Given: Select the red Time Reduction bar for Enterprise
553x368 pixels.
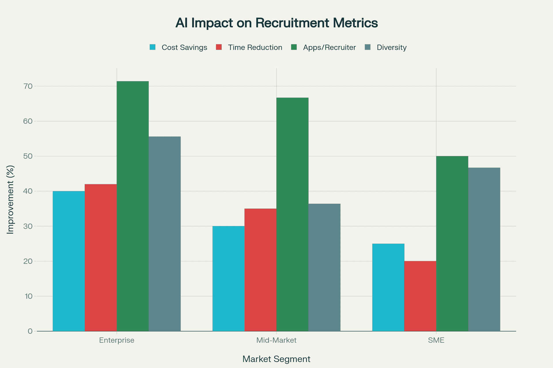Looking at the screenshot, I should [101, 258].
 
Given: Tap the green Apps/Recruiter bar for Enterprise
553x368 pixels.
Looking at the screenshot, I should [132, 206].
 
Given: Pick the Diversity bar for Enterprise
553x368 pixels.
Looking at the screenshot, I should [164, 234].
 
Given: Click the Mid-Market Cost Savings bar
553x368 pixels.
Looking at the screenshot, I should [228, 279].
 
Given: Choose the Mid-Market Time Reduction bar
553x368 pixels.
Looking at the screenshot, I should [260, 270].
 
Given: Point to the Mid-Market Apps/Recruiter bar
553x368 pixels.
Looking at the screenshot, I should [292, 214].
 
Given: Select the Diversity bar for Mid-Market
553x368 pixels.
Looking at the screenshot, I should [324, 267].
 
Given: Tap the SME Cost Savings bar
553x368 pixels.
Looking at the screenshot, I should [388, 287].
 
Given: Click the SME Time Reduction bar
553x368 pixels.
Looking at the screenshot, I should [420, 296].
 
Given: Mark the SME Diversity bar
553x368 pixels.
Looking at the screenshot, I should [484, 249].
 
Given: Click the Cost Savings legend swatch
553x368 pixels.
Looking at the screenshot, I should [153, 47].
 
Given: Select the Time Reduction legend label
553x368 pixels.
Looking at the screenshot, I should [255, 47].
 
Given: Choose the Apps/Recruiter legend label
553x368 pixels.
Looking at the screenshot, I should [329, 47].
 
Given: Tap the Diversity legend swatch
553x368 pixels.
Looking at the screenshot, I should [368, 47].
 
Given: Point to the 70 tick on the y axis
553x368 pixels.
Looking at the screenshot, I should [28, 86].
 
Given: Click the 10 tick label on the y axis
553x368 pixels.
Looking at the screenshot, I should [29, 296].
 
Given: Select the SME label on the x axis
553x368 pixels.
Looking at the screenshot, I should [436, 340].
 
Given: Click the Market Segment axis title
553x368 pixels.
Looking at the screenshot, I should [276, 359].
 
